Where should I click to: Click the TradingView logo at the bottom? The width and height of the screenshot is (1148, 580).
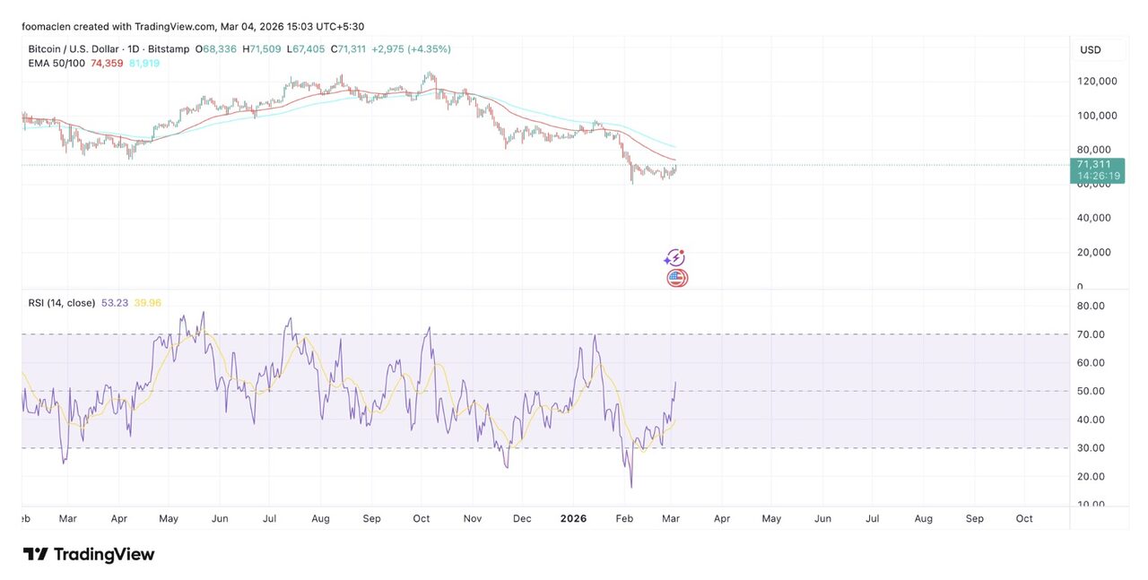click(88, 554)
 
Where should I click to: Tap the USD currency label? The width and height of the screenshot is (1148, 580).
click(1091, 49)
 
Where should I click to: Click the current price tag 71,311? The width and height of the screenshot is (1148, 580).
click(1096, 165)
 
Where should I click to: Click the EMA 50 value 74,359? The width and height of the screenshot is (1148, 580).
click(108, 64)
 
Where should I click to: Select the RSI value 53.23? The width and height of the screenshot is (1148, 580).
click(114, 303)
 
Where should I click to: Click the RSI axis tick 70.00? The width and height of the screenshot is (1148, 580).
click(1091, 334)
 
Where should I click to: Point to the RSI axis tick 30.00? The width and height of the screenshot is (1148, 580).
click(1091, 448)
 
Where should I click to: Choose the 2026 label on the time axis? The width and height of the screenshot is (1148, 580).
click(573, 518)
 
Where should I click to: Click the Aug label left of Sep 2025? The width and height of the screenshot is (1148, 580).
click(320, 518)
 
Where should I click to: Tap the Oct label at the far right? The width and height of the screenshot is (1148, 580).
click(1024, 518)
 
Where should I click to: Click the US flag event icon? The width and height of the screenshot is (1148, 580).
click(677, 278)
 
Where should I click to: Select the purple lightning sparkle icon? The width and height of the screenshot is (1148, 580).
click(674, 258)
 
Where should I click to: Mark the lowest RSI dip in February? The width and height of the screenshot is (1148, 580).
click(631, 487)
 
